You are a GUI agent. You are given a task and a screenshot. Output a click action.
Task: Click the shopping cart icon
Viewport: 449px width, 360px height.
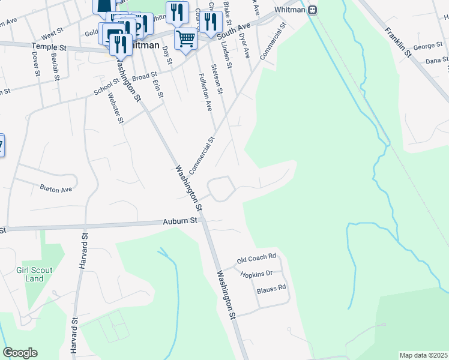tap(186, 39)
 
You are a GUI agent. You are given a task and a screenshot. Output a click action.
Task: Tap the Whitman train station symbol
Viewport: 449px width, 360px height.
tap(312, 10)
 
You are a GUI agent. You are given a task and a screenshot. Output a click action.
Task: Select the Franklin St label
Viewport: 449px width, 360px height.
tap(399, 41)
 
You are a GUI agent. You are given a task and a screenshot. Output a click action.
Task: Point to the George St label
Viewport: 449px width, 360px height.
tap(427, 46)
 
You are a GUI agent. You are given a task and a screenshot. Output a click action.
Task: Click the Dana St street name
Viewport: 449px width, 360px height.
tap(437, 61)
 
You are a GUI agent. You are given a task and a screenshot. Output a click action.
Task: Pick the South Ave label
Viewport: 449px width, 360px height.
tap(234, 27)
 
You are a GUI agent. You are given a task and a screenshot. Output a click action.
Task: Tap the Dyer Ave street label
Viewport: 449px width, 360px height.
tap(244, 46)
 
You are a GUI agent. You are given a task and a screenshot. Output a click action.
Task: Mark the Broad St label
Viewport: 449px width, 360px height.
tap(144, 77)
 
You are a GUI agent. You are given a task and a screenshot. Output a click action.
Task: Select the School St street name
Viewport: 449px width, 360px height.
tap(107, 88)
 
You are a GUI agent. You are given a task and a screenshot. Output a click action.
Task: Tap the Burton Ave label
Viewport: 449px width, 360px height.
tap(56, 188)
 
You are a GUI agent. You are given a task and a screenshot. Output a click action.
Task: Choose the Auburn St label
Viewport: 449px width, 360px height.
tap(181, 221)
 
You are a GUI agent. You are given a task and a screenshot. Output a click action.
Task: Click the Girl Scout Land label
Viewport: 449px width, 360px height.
tap(31, 275)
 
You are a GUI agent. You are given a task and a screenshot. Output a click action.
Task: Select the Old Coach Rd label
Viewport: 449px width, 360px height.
tap(256, 259)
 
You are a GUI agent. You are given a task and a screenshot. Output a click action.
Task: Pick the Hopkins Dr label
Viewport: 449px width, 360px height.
tap(256, 274)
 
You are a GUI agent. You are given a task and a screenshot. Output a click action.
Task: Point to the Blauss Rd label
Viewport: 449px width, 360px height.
tap(271, 287)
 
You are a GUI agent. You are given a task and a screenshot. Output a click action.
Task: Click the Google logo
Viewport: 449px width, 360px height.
tap(20, 353)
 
